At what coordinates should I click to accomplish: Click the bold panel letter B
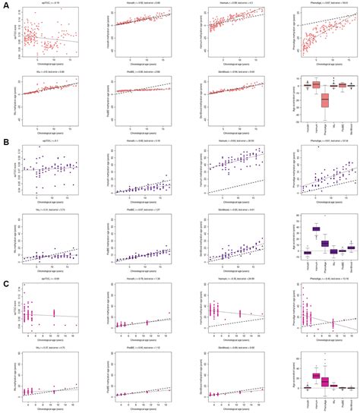[x=5, y=142]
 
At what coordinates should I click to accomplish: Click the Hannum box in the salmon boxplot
[x=316, y=85]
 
